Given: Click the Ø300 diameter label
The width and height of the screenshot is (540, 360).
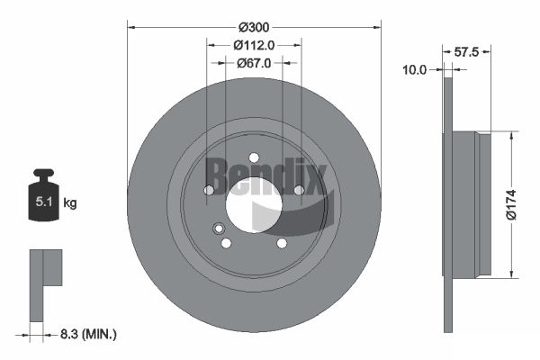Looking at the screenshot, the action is coord(254,27).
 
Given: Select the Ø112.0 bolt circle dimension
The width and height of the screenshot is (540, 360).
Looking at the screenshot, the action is coord(254,45).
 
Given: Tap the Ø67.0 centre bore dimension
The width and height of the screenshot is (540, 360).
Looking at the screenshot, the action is coord(254,63).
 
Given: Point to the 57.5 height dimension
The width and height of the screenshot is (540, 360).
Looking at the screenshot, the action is coord(466,52).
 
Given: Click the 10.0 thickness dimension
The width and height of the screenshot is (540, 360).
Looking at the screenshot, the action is coord(414,70).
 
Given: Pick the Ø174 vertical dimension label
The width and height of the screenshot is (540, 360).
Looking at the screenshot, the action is coord(511,204).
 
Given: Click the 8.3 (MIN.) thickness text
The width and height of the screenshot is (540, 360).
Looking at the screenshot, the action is coord(88,334).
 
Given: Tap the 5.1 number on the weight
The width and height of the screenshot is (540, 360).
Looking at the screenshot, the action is coord(44,202).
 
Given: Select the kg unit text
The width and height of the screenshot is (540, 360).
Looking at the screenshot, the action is coord(70,202).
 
